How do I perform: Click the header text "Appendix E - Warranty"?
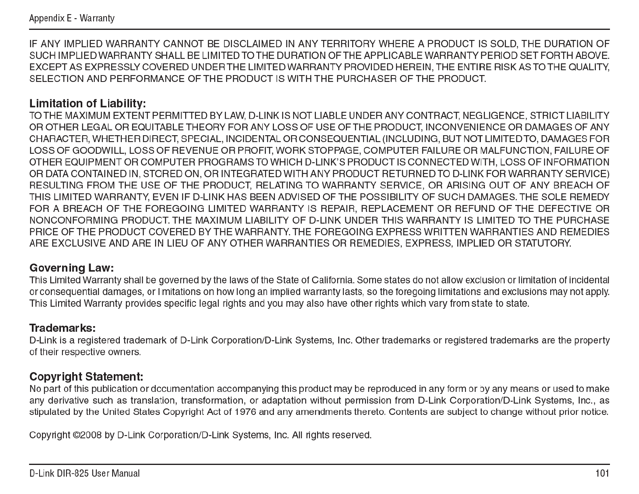click(x=72, y=19)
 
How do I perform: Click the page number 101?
click(x=602, y=473)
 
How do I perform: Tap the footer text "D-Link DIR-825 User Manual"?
click(x=84, y=473)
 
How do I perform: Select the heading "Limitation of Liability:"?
click(x=88, y=104)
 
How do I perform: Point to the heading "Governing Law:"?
click(x=72, y=268)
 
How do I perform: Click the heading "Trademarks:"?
click(x=63, y=328)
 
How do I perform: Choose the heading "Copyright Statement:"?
click(x=86, y=377)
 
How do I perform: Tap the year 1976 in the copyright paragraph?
click(x=245, y=412)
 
